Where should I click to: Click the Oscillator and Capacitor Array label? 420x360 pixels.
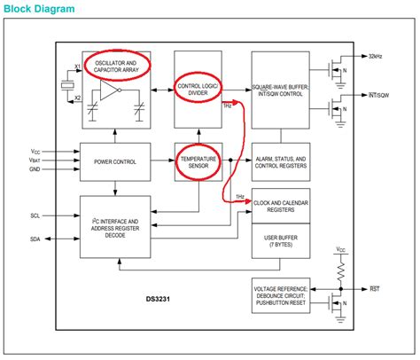click(116, 65)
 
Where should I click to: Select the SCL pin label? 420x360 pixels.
click(35, 215)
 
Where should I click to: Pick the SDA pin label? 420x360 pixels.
click(35, 239)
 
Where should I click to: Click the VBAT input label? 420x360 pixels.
click(35, 160)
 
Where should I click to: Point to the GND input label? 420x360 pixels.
click(35, 168)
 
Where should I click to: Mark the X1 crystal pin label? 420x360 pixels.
click(77, 68)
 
